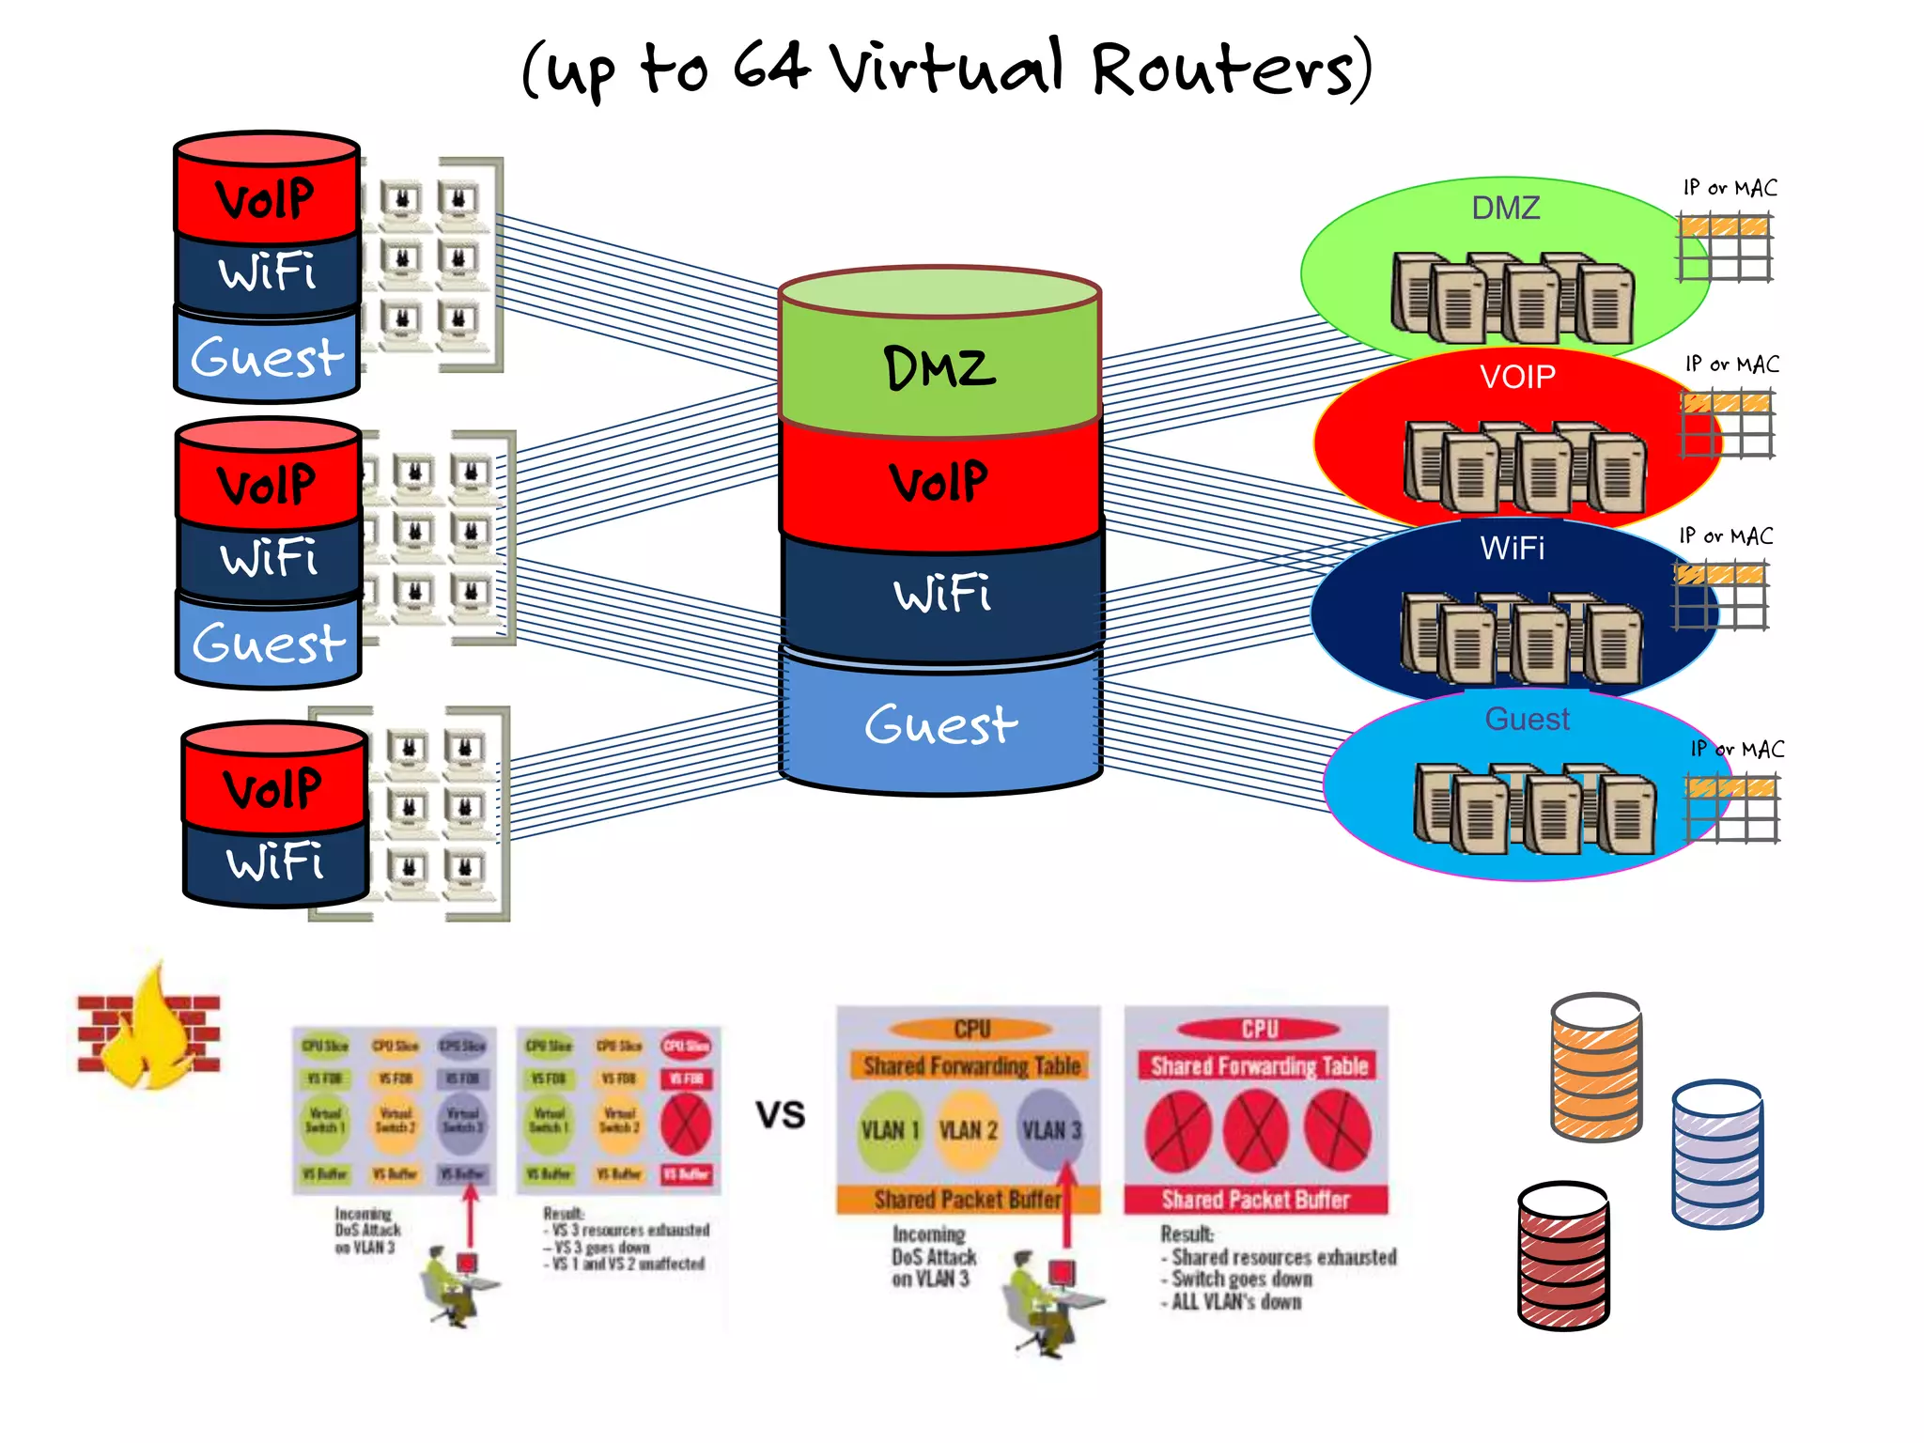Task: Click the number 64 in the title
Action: coord(770,68)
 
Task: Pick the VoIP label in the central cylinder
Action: coord(939,482)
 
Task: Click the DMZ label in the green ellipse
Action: coord(1505,208)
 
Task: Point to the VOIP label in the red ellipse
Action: coord(1517,377)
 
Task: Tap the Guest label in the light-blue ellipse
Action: coord(1527,719)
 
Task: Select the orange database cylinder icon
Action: coord(1595,1066)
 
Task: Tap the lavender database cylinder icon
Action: coord(1716,1154)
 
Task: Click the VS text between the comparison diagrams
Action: coord(781,1115)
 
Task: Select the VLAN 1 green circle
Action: coord(889,1130)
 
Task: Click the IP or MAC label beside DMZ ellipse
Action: coord(1730,188)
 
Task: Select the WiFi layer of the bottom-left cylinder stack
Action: coord(274,862)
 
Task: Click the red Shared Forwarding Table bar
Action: coord(1258,1066)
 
